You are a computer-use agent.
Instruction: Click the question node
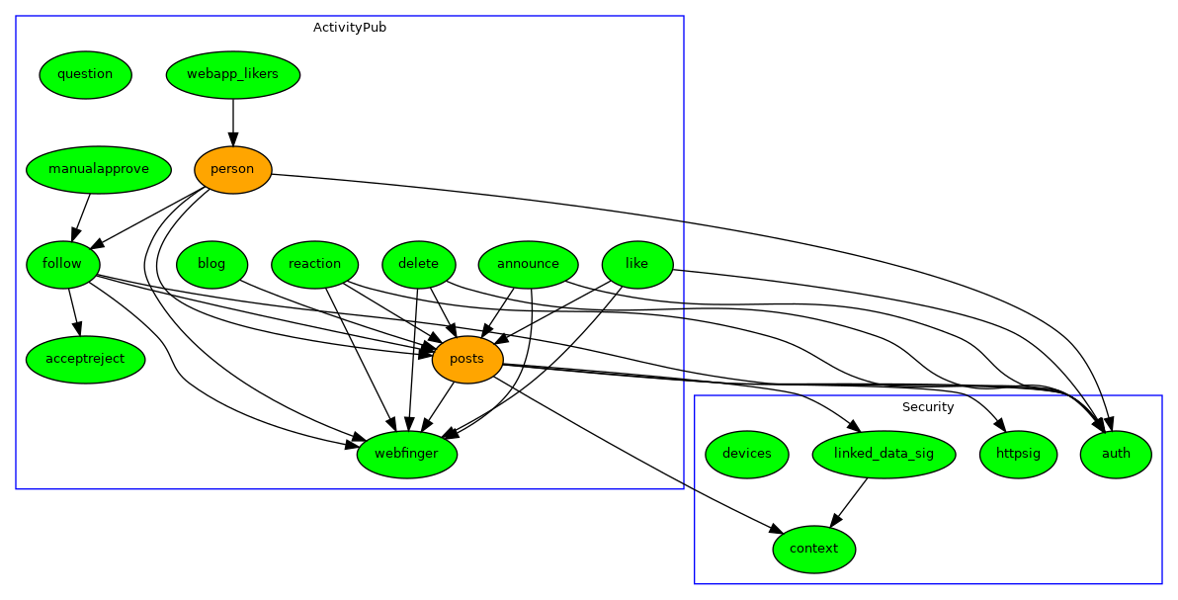tap(85, 74)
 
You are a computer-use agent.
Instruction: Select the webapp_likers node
tap(232, 74)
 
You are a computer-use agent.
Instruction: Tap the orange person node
tap(232, 169)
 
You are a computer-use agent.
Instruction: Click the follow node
tap(62, 264)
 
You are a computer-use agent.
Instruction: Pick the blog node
tap(211, 264)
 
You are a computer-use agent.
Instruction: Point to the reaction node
tap(314, 264)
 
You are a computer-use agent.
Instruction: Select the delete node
tap(418, 264)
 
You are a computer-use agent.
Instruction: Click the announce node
tap(528, 264)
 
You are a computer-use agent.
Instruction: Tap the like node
tap(636, 264)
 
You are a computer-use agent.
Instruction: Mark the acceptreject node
tap(85, 359)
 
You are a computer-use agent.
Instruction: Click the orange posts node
tap(466, 359)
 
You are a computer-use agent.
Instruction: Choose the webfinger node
tap(406, 454)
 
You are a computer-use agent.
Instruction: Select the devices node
tap(746, 454)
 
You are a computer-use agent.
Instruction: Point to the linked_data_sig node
tap(883, 454)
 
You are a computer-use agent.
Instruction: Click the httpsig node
tap(1018, 454)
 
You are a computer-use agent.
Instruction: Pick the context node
tap(813, 549)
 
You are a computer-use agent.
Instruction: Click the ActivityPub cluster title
tap(350, 28)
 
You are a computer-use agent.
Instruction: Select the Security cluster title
tap(928, 407)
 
